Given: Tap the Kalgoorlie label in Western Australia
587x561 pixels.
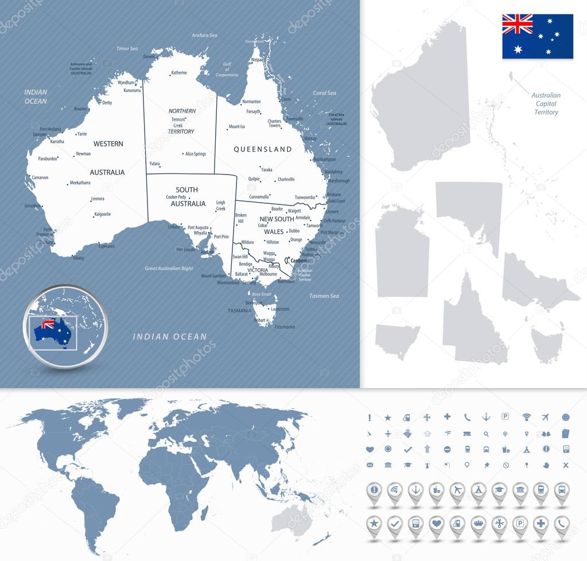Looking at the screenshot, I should click(102, 214).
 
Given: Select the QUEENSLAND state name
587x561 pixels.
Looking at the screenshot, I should click(263, 149).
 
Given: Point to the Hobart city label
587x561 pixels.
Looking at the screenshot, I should click(259, 320).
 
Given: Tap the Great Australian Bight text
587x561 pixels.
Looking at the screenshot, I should click(169, 269).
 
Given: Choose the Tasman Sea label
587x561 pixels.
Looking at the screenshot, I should click(324, 296).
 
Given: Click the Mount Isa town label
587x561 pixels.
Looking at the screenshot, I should click(236, 127).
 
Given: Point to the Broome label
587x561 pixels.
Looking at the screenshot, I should click(80, 109).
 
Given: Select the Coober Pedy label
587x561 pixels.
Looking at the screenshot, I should click(176, 197).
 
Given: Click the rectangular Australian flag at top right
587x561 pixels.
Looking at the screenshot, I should click(538, 36).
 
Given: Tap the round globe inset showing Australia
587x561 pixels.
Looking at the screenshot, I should click(65, 327).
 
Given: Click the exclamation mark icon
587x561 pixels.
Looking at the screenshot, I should click(370, 417).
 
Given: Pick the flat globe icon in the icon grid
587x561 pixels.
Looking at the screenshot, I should click(566, 417).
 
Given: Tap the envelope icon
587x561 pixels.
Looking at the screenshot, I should click(370, 465).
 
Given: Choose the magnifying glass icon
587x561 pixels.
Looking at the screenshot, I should click(486, 434).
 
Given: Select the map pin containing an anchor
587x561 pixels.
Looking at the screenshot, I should click(415, 491).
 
